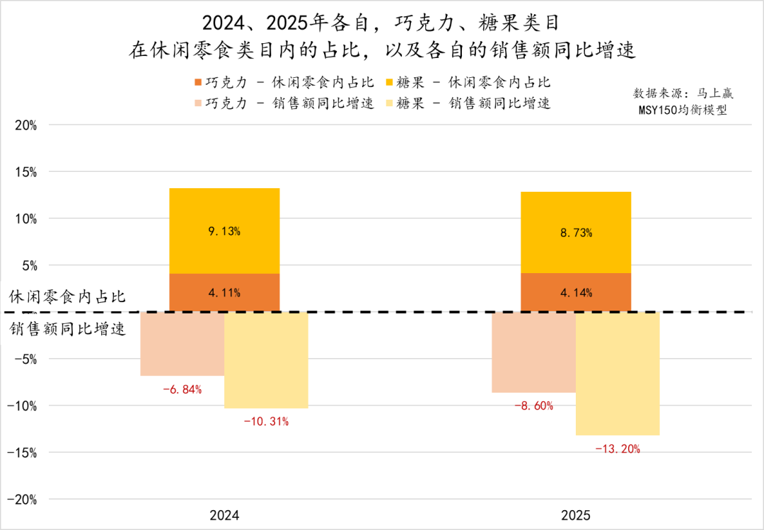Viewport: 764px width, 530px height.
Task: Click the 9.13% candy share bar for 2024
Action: pyautogui.click(x=224, y=231)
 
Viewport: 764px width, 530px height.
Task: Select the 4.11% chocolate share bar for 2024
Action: pyautogui.click(x=224, y=292)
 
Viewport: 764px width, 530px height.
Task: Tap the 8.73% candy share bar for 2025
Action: pyautogui.click(x=576, y=232)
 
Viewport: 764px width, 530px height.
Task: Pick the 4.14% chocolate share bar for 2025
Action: pyautogui.click(x=576, y=292)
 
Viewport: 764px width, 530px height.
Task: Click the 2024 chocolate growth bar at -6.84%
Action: pyautogui.click(x=183, y=344)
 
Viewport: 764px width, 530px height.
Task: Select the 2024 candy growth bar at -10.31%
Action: pyautogui.click(x=266, y=360)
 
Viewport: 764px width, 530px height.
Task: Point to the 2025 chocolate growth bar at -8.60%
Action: pyautogui.click(x=534, y=352)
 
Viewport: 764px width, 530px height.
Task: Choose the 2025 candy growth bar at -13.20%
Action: pyautogui.click(x=618, y=374)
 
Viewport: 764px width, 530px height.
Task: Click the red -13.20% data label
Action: pyautogui.click(x=618, y=449)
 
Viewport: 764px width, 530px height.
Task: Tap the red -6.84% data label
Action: pyautogui.click(x=183, y=389)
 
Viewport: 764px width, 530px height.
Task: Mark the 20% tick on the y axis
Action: pyautogui.click(x=25, y=125)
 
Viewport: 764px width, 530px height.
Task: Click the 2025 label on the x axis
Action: pyautogui.click(x=576, y=515)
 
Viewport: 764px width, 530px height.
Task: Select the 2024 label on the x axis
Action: pyautogui.click(x=224, y=515)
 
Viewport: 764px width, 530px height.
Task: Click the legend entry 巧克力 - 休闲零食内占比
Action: pyautogui.click(x=283, y=81)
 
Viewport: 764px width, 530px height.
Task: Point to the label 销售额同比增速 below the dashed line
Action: pyautogui.click(x=68, y=329)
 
